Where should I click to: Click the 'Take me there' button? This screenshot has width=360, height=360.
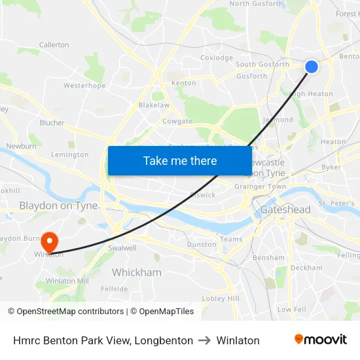pyautogui.click(x=180, y=160)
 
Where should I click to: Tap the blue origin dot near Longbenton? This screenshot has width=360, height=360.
pyautogui.click(x=312, y=66)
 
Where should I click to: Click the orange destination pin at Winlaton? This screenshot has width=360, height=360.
pyautogui.click(x=49, y=242)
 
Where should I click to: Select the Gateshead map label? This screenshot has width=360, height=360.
pyautogui.click(x=285, y=209)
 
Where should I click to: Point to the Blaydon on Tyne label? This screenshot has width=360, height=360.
pyautogui.click(x=58, y=206)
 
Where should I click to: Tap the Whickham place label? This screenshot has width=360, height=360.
pyautogui.click(x=136, y=272)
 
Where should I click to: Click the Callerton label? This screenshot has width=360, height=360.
pyautogui.click(x=54, y=45)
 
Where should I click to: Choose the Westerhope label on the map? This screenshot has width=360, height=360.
pyautogui.click(x=84, y=86)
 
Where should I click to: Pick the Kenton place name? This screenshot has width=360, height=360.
pyautogui.click(x=183, y=83)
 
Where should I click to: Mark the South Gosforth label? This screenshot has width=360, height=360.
pyautogui.click(x=262, y=64)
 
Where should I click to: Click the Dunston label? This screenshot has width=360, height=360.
pyautogui.click(x=202, y=244)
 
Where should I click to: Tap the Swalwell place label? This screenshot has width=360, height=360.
pyautogui.click(x=122, y=248)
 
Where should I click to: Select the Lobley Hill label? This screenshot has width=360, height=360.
pyautogui.click(x=221, y=298)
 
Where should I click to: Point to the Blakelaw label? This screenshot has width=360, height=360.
pyautogui.click(x=154, y=105)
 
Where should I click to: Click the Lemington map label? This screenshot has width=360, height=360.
pyautogui.click(x=69, y=155)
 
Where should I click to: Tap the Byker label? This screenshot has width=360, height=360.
pyautogui.click(x=331, y=168)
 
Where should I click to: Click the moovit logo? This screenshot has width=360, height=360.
pyautogui.click(x=321, y=340)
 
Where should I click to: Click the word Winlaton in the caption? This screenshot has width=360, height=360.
pyautogui.click(x=239, y=340)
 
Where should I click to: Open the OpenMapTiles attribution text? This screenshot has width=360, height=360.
pyautogui.click(x=162, y=312)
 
